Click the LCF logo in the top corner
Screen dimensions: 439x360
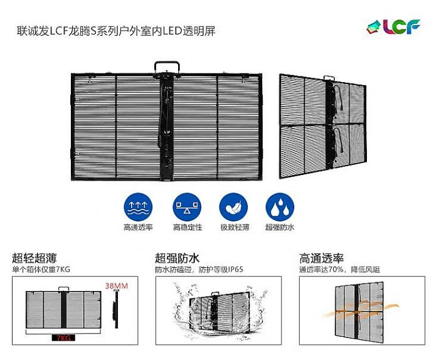coord(393,26)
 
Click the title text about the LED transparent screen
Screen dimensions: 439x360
coord(116,31)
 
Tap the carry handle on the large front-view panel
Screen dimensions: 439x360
coord(167,68)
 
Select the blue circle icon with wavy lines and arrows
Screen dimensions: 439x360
coord(138,208)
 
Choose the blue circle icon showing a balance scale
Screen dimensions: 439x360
coord(187,208)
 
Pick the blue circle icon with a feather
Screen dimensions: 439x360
coord(233,208)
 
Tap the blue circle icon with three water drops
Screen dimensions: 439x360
coord(280,208)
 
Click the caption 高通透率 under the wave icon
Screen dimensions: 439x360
coord(138,227)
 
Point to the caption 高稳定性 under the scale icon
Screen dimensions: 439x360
coord(187,227)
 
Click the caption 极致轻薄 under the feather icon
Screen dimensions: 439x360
coord(235,227)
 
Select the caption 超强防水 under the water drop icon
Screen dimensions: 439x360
coord(280,227)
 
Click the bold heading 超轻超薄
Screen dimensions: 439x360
coord(34,258)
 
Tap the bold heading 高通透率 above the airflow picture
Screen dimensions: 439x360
coord(321,258)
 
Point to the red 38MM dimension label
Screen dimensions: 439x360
coord(117,286)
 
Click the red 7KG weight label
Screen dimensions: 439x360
coord(63,338)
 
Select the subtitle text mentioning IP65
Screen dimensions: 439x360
coord(199,270)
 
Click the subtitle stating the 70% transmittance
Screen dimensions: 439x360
coord(339,270)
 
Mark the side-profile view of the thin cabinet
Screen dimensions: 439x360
coord(115,310)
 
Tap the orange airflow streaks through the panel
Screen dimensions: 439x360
coord(361,310)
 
